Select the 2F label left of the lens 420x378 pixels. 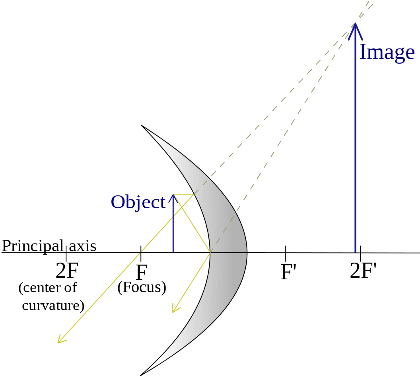pos(67,271)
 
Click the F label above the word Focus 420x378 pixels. pos(142,272)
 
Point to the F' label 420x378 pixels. pos(288,272)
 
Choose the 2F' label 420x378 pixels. pos(363,271)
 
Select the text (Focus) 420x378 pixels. pos(142,288)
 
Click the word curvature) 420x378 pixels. pos(53,306)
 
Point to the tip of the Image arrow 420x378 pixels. pos(355,23)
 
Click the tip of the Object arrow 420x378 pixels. pos(173,194)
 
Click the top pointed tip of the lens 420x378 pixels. pos(141,125)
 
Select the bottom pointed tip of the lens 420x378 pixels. pos(140,375)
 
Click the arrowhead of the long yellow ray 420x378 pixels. pos(58,343)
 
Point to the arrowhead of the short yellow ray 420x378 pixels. pos(173,312)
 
